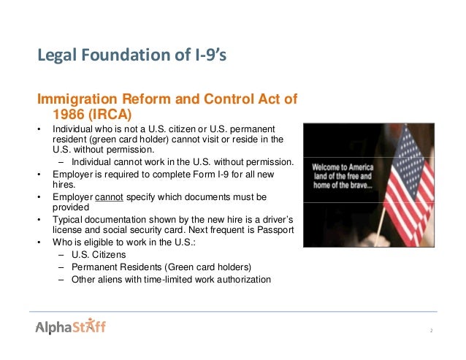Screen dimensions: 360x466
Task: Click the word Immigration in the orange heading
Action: [x=75, y=99]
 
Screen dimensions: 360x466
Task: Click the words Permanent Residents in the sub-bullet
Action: [x=114, y=267]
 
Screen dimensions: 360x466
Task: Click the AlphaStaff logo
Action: [x=71, y=326]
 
